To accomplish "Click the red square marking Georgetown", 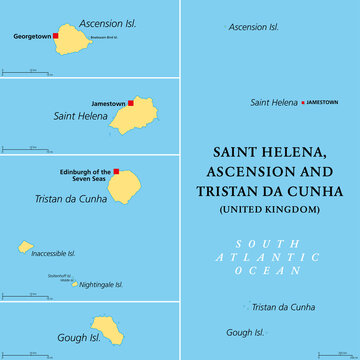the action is coord(56,36).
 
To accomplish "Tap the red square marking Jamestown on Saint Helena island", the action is coord(130,102).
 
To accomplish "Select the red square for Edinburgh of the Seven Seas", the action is coord(116,171).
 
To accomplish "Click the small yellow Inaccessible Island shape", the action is coord(25,247).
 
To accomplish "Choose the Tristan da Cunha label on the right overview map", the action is coord(284,307).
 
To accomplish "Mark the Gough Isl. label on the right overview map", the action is coord(245,332).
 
